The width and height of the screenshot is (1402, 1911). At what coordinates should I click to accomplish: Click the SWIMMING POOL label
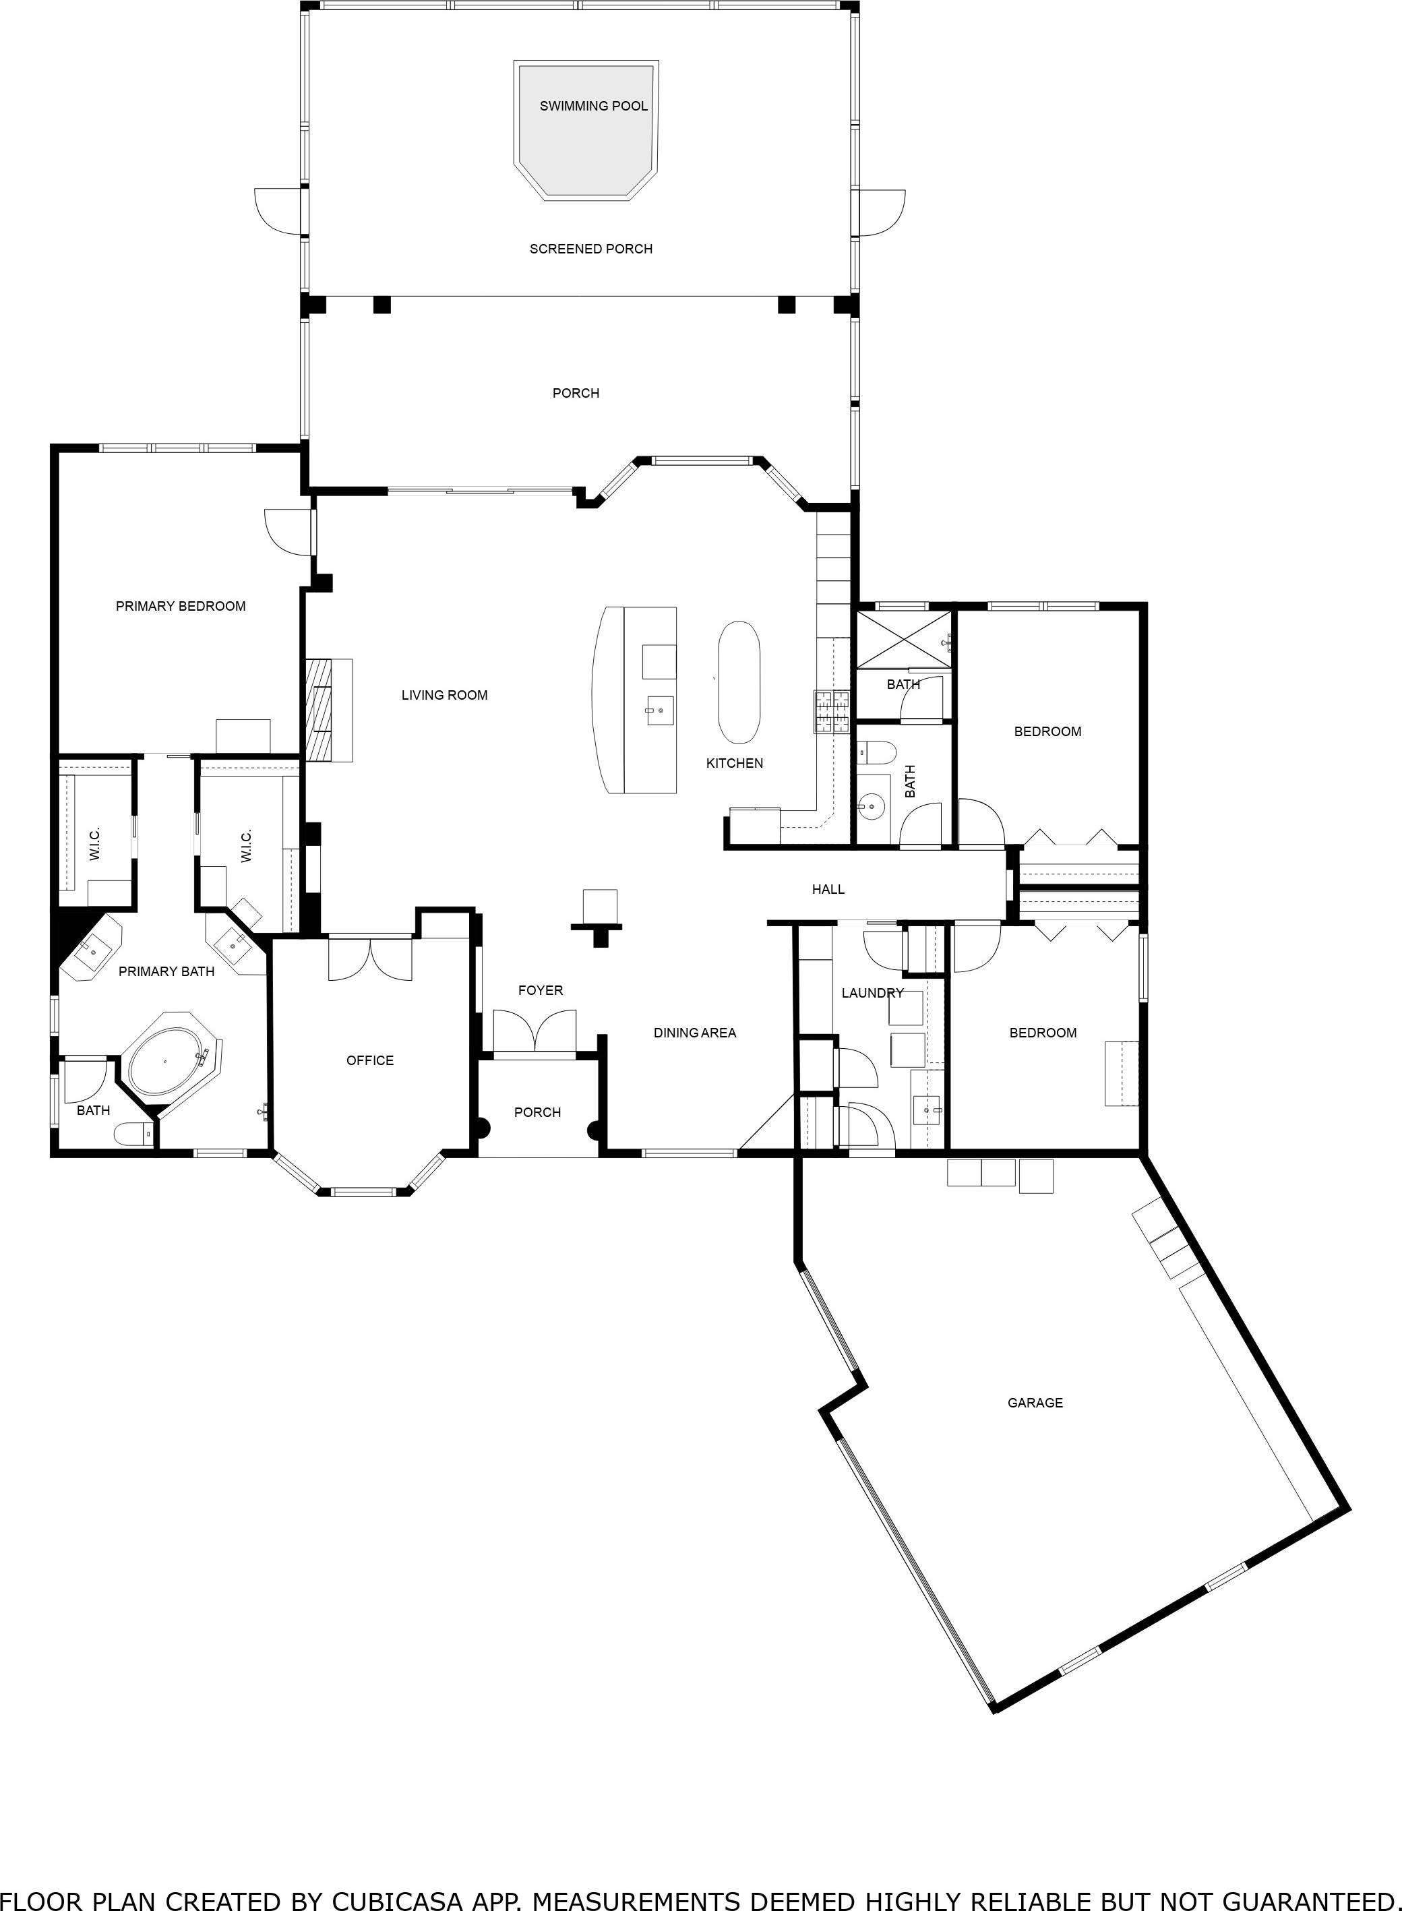(593, 106)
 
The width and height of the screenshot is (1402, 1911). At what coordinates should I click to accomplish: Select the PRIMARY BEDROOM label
(181, 606)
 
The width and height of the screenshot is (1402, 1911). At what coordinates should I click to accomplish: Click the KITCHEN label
(734, 763)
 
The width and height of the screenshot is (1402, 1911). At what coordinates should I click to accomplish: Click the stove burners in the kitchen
(832, 711)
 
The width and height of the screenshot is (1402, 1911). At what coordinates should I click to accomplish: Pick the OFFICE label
(370, 1060)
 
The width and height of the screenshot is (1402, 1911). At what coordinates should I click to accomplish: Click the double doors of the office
(370, 959)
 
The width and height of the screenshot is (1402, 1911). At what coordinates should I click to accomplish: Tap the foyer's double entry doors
(535, 1031)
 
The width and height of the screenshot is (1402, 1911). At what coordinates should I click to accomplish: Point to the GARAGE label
(1035, 1403)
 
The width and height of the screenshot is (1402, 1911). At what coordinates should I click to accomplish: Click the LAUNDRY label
(872, 993)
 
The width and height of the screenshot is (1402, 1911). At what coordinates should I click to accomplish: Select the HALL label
(828, 889)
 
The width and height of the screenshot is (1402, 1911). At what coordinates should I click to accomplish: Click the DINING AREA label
(694, 1033)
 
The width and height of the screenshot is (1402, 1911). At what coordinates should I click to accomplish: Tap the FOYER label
(541, 990)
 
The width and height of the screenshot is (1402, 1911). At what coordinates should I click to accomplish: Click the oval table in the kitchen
(738, 682)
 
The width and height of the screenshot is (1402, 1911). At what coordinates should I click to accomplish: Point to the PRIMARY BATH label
(166, 971)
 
